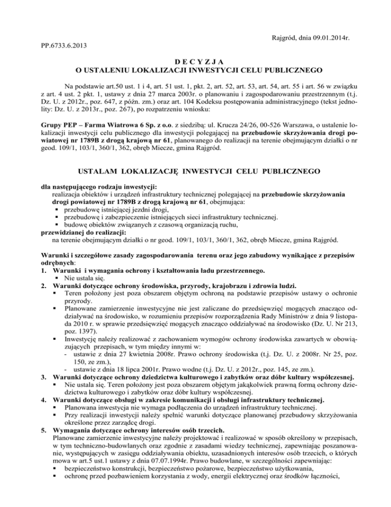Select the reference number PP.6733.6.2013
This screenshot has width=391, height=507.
pyautogui.click(x=62, y=46)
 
